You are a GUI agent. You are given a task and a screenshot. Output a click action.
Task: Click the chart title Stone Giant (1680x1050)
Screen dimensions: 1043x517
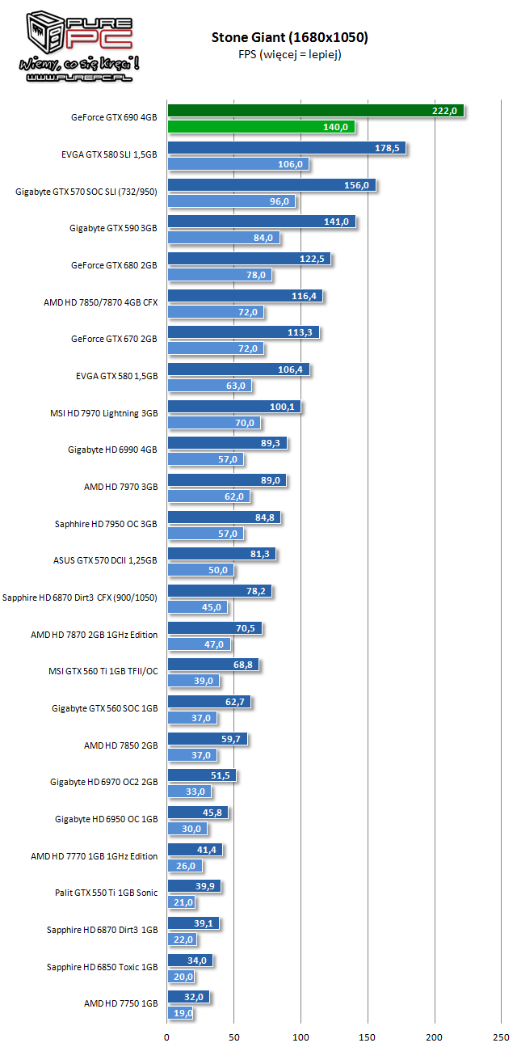tap(290, 37)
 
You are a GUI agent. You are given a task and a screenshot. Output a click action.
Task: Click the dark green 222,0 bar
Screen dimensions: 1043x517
tap(315, 111)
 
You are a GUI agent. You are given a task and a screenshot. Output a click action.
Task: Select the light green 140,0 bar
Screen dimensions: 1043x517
tap(260, 127)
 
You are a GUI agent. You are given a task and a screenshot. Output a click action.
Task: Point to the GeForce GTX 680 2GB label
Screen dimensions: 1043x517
tap(114, 265)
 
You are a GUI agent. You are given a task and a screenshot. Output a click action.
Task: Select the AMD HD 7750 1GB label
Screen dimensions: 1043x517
tap(121, 1004)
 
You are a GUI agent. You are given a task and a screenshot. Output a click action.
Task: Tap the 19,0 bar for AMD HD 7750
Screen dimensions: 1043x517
tap(180, 1013)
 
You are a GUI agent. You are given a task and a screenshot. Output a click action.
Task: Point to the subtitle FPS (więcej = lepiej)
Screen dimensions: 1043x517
tap(289, 55)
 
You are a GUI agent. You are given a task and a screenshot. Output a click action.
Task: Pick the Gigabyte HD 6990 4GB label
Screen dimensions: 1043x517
tap(112, 450)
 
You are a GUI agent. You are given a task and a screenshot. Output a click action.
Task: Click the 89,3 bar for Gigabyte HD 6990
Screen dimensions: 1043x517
tap(226, 443)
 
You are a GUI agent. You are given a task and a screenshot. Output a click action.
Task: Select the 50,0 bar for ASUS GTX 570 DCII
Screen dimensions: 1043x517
tap(200, 570)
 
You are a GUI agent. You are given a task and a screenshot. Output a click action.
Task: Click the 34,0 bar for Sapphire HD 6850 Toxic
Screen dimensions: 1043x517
tap(189, 961)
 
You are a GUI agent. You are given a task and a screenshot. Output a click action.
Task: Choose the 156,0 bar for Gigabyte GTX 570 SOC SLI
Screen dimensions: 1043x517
tap(271, 185)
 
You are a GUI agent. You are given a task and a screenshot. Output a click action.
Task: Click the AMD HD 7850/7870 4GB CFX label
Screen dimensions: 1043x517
tap(101, 302)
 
